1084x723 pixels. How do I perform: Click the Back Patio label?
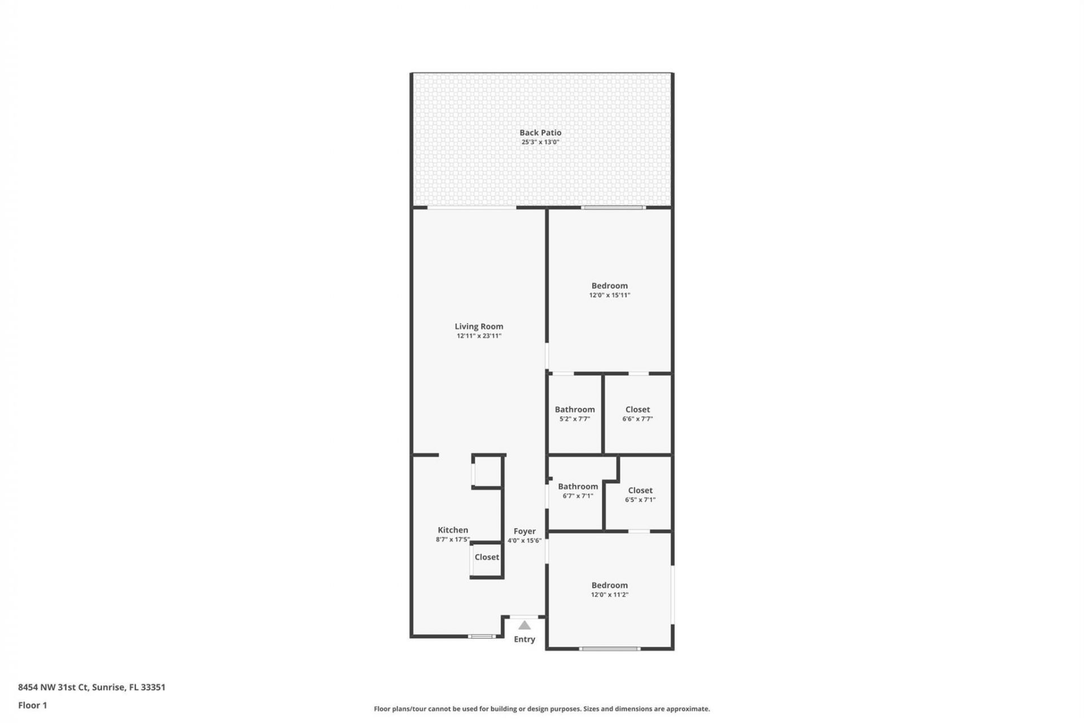point(540,133)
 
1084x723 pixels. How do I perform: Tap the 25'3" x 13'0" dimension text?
point(540,142)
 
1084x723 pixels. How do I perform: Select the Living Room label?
point(479,326)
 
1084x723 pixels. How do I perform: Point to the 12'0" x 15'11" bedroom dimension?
point(609,295)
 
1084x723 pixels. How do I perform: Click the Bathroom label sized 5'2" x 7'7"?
point(574,410)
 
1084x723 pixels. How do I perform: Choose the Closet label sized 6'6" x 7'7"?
point(637,410)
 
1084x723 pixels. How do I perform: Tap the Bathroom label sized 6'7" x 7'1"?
point(578,486)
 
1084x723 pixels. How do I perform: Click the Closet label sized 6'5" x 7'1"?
point(640,490)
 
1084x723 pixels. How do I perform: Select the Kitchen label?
point(453,530)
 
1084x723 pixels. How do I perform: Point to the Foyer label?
point(524,531)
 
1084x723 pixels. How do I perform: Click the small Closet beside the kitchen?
point(486,557)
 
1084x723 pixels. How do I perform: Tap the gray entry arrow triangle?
point(524,625)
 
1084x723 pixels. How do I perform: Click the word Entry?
point(524,639)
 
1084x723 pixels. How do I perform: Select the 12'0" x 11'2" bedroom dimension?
point(609,594)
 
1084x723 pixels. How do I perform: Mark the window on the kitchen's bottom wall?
point(482,637)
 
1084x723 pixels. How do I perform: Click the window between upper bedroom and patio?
point(614,208)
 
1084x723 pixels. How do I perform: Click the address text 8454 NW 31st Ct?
point(54,687)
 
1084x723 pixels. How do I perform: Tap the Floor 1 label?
point(33,705)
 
